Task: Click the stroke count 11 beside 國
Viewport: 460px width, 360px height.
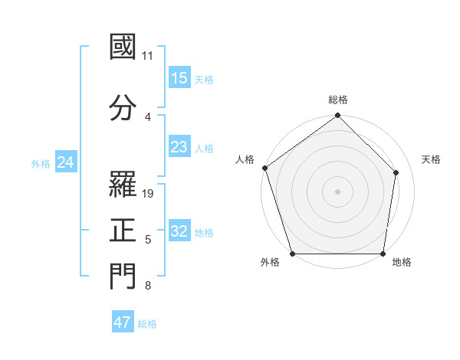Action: pos(148,56)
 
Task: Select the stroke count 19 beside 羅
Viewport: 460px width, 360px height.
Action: pos(149,193)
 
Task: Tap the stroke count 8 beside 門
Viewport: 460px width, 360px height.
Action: pos(148,286)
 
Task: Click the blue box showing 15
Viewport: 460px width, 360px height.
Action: pos(179,77)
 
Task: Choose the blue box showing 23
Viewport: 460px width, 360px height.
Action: pos(179,147)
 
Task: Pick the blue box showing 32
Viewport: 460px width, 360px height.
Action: pos(179,231)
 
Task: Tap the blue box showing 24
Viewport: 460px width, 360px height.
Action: pos(66,162)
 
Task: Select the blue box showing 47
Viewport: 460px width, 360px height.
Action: pos(123,322)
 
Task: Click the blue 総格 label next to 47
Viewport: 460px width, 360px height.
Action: pos(147,324)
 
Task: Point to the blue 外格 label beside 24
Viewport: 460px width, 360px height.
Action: pos(41,163)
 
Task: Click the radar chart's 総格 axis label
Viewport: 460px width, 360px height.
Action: pos(338,100)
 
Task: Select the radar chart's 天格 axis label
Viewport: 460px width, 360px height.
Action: pos(432,159)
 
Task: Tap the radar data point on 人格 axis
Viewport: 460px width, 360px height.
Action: pos(264,168)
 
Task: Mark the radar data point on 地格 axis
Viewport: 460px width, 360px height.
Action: pos(383,254)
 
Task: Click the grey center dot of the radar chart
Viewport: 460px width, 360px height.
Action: pos(338,191)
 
